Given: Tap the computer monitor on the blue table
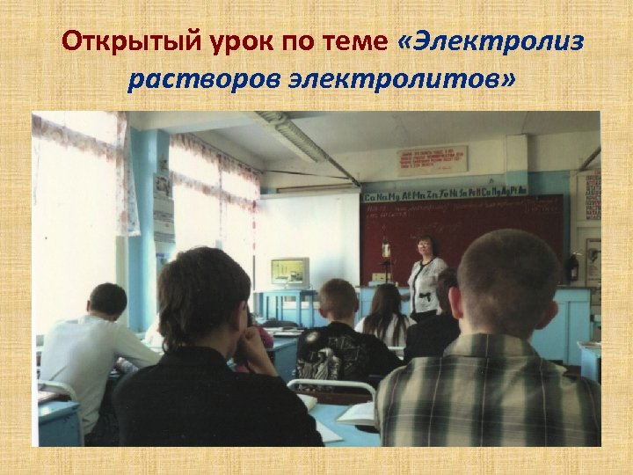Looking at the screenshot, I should point(291,272).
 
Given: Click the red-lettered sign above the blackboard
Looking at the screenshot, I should point(432,160).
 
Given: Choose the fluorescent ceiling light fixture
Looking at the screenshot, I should point(299,137).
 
